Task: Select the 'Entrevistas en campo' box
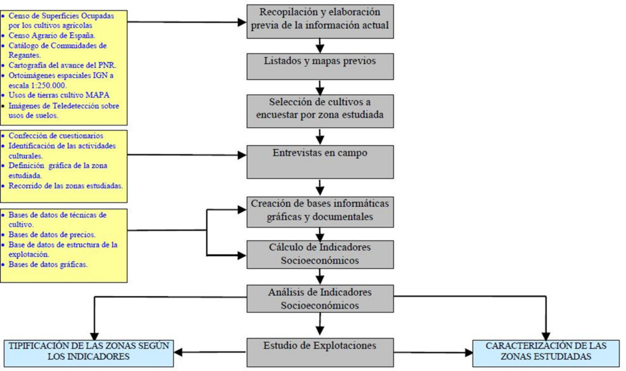pyautogui.click(x=320, y=161)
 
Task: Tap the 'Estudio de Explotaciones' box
pyautogui.click(x=320, y=352)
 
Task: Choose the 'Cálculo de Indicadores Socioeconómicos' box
pyautogui.click(x=320, y=254)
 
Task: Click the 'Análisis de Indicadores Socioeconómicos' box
pyautogui.click(x=320, y=298)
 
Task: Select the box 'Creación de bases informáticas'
pyautogui.click(x=320, y=210)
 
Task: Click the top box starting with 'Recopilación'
pyautogui.click(x=320, y=21)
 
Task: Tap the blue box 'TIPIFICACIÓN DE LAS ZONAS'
pyautogui.click(x=89, y=352)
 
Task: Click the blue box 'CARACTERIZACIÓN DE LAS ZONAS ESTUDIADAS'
pyautogui.click(x=547, y=352)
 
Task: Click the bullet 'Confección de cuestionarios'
pyautogui.click(x=56, y=136)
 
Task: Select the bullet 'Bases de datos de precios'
pyautogui.click(x=52, y=235)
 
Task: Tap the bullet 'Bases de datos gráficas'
pyautogui.click(x=48, y=265)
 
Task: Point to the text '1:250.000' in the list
pyautogui.click(x=46, y=86)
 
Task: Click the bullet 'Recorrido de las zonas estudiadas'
pyautogui.click(x=64, y=185)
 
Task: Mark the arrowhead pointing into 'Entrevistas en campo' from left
pyautogui.click(x=241, y=155)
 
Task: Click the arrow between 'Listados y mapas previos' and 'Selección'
pyautogui.click(x=320, y=89)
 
